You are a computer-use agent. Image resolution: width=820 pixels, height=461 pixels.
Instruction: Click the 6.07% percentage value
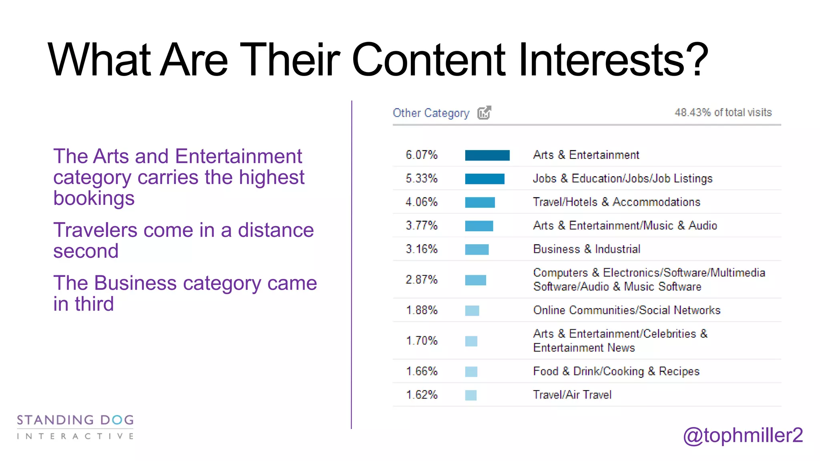[422, 155]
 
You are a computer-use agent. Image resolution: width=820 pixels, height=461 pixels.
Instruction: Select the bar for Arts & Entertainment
[487, 155]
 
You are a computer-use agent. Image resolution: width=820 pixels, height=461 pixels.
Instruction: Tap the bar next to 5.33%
[484, 179]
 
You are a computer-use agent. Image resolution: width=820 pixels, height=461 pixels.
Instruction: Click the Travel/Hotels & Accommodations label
[616, 202]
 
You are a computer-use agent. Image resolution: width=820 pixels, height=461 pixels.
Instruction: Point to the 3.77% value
[422, 226]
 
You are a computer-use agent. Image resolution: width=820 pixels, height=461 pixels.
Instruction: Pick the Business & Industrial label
[587, 249]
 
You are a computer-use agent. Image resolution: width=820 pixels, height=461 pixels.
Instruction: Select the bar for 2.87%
[475, 280]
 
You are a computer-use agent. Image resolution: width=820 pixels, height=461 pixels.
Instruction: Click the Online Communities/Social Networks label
[627, 310]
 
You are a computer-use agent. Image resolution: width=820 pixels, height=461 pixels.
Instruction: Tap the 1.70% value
[422, 341]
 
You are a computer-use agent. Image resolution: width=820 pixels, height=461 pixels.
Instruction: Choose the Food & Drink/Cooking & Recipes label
[616, 371]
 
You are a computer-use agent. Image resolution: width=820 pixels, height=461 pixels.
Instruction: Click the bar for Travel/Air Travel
[471, 395]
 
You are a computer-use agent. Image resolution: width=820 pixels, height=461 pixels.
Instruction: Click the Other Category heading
[431, 113]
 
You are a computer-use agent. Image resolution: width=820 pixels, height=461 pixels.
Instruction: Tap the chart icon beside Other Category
[484, 113]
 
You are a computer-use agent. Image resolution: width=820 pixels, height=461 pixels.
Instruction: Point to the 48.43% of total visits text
[723, 112]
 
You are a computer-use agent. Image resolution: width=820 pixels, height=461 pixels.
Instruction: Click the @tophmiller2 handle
[743, 435]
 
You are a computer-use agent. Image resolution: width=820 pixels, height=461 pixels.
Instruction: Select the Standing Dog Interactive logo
[75, 427]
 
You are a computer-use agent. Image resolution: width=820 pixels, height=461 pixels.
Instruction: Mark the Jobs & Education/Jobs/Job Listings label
[623, 178]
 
